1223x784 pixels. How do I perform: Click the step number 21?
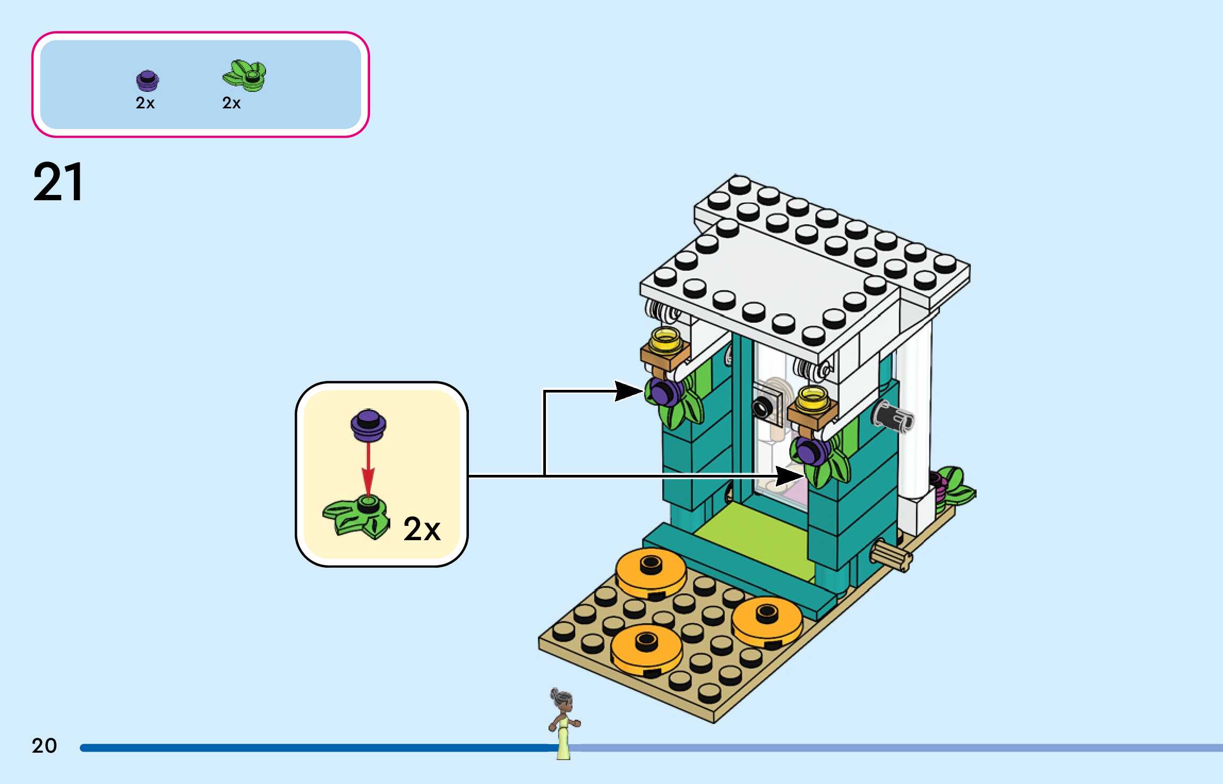coord(58,182)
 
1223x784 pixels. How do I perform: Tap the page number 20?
coord(44,746)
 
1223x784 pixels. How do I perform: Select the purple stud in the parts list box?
coord(147,81)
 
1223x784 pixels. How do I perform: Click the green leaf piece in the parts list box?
coord(245,76)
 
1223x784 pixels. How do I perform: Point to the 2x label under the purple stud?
coord(145,103)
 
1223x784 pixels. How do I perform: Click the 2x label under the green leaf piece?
coord(232,103)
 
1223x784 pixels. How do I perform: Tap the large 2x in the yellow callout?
coord(422,529)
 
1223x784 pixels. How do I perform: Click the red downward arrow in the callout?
coord(368,471)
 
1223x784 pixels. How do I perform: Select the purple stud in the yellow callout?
coord(368,425)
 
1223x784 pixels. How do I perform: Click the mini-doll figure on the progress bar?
coord(563,722)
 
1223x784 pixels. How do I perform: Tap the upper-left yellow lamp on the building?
coord(665,341)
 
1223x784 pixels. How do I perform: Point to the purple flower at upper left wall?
coord(664,392)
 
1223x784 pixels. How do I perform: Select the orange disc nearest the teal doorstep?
coord(651,571)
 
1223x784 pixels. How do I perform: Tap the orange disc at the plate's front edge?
coord(646,649)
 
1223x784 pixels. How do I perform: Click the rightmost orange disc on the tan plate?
coord(767,620)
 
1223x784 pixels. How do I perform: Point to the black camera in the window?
coord(763,407)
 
